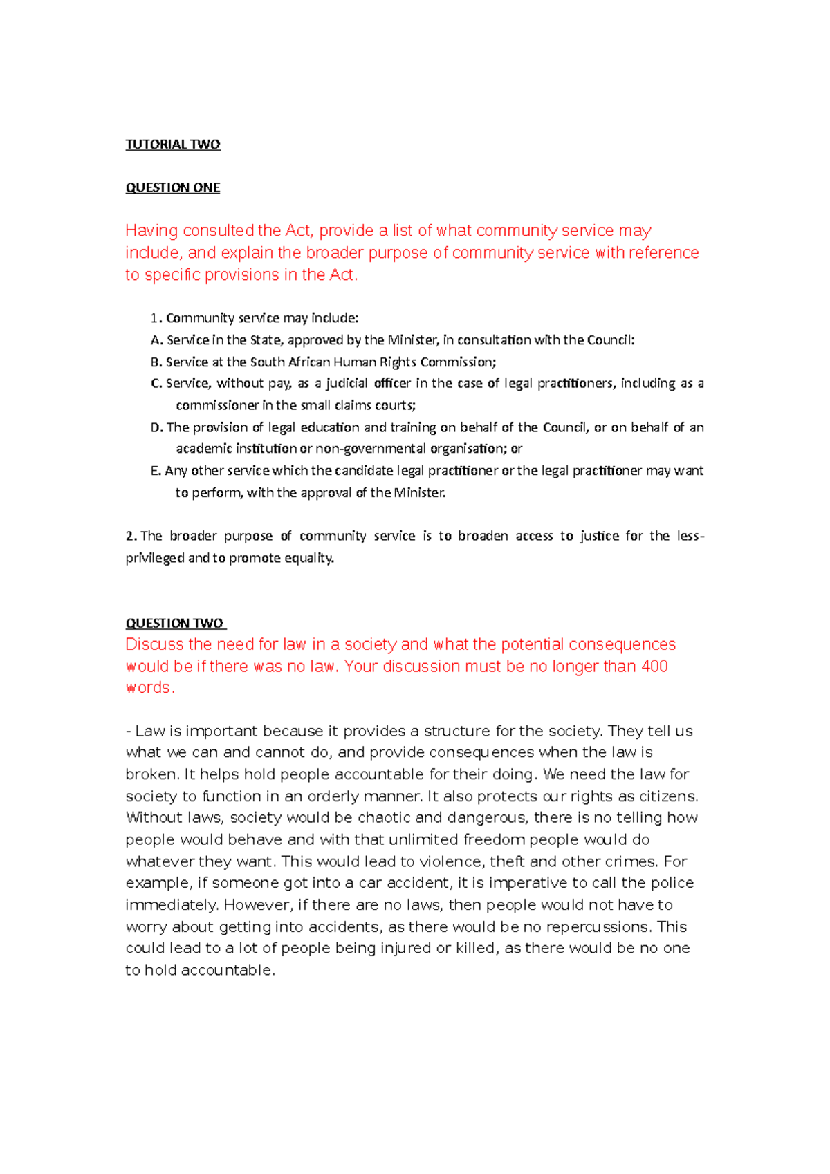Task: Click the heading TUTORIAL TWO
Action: (x=172, y=145)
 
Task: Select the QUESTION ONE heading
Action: (x=172, y=187)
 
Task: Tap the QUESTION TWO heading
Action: (x=175, y=623)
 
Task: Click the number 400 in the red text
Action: (x=653, y=666)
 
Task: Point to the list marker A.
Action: (x=156, y=340)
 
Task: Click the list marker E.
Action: (x=156, y=471)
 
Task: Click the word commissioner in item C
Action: (x=217, y=405)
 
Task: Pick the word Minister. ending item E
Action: (x=420, y=493)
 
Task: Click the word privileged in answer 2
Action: (x=155, y=558)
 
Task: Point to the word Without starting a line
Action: (x=154, y=818)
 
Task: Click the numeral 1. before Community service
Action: (x=156, y=318)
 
